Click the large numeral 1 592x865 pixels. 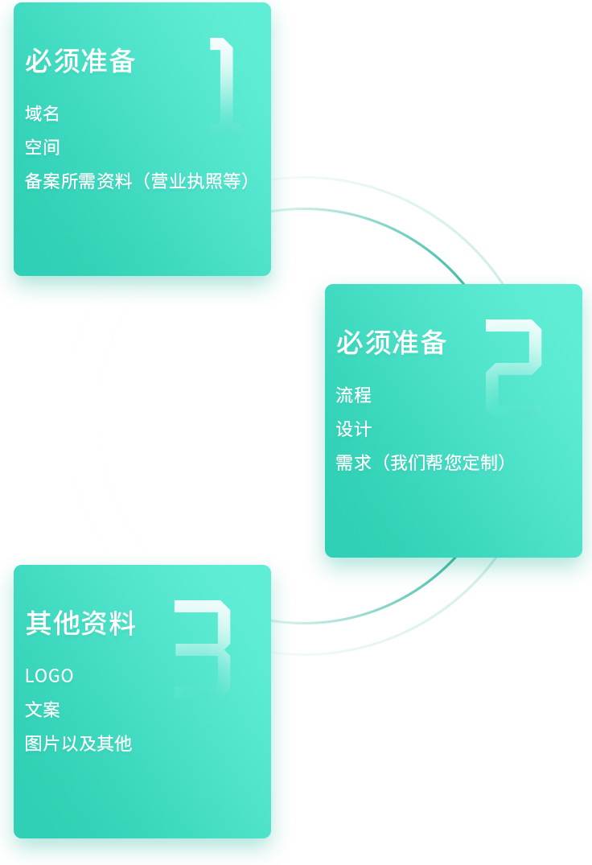pos(223,80)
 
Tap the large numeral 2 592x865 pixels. pos(514,365)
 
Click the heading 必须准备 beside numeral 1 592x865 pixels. pos(80,61)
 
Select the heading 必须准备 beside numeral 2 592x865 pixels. pos(391,343)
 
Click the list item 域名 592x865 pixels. pos(43,113)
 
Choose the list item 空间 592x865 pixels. pos(43,147)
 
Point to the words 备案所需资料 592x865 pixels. pos(78,181)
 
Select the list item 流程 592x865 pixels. pos(354,395)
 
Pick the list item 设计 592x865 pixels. pos(354,429)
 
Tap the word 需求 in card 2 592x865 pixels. pos(354,463)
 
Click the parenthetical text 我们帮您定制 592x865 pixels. pos(443,463)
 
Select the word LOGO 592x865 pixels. pos(49,676)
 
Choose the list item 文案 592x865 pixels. pos(43,710)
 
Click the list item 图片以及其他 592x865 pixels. pos(78,743)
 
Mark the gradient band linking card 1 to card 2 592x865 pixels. pos(418,222)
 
